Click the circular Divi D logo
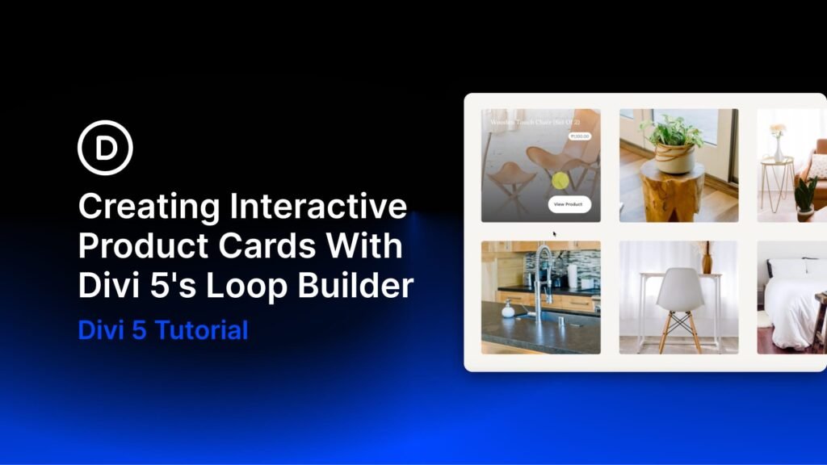click(x=105, y=147)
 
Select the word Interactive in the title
click(x=318, y=207)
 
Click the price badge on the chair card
click(x=580, y=136)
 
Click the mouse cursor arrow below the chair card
click(x=555, y=235)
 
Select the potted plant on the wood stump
click(x=673, y=142)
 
